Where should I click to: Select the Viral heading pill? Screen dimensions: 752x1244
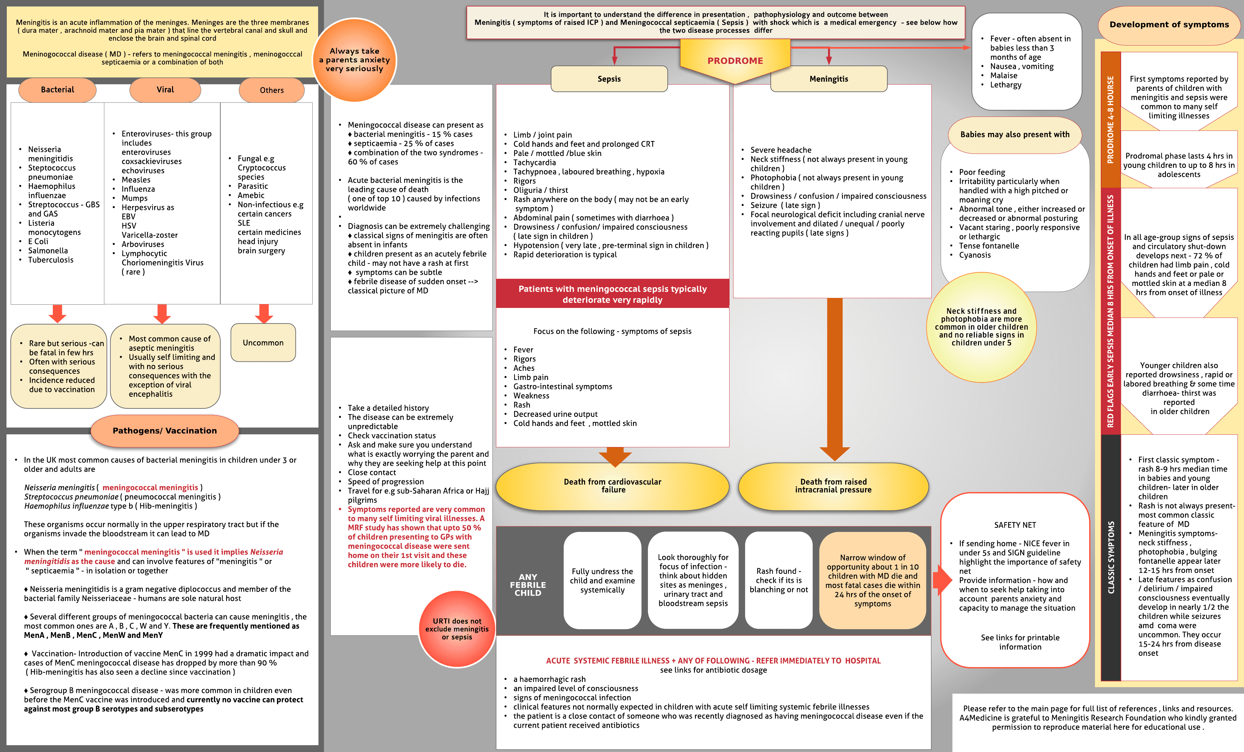tap(165, 90)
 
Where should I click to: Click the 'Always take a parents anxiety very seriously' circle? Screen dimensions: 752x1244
tap(354, 60)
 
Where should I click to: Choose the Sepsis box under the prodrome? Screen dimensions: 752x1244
tap(609, 79)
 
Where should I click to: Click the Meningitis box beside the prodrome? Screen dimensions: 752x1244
tap(828, 79)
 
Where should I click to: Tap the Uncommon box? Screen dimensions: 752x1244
tap(263, 342)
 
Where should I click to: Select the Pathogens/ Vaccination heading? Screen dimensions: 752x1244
tap(165, 430)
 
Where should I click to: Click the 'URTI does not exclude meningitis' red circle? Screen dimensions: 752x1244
tap(457, 629)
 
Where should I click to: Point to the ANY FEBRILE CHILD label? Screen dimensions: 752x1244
tap(528, 584)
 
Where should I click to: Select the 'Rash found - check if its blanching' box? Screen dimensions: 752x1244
tap(778, 580)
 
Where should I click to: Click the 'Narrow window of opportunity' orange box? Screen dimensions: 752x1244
tap(872, 580)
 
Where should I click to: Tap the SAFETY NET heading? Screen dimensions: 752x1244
tap(1015, 525)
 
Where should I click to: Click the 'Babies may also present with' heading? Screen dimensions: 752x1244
tap(1015, 134)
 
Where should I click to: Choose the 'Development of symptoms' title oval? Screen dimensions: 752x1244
tap(1169, 25)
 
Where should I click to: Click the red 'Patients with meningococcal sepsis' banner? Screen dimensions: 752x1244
tap(612, 294)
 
